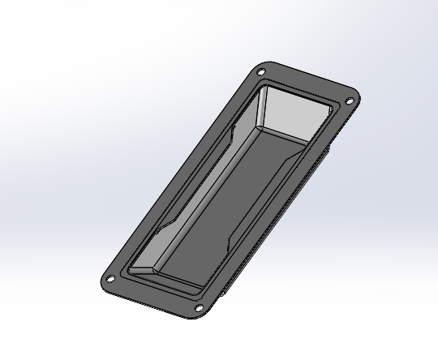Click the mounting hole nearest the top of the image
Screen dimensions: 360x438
click(x=261, y=75)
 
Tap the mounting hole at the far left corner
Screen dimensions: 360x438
click(x=109, y=281)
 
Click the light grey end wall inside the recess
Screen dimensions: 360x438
click(x=292, y=114)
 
